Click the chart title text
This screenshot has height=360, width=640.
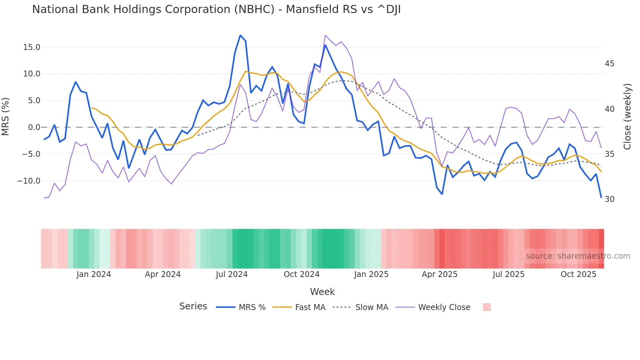[x=216, y=9]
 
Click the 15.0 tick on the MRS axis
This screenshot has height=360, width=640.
[x=32, y=47]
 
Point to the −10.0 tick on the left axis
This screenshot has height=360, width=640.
[x=29, y=181]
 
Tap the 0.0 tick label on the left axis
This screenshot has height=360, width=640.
[x=34, y=127]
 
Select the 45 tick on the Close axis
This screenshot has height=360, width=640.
[x=609, y=64]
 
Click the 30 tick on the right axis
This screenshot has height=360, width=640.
[x=609, y=199]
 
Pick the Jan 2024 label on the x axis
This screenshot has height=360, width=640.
[x=94, y=274]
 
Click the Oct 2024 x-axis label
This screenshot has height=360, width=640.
[x=301, y=274]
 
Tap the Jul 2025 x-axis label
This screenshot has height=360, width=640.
[x=508, y=274]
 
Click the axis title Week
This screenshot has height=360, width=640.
[x=322, y=292]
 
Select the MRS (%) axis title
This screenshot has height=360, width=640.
[x=6, y=116]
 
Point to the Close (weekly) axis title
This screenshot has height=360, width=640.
[x=627, y=117]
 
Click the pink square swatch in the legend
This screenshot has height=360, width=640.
[x=487, y=307]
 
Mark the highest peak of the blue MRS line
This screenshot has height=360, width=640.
[x=240, y=35]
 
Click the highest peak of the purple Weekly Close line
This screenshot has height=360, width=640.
[x=326, y=35]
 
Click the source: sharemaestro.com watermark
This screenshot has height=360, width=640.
[x=578, y=256]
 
